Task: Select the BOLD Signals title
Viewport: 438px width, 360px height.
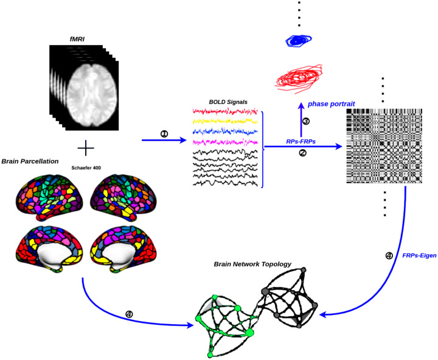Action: pos(223,102)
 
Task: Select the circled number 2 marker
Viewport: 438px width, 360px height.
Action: pos(303,153)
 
